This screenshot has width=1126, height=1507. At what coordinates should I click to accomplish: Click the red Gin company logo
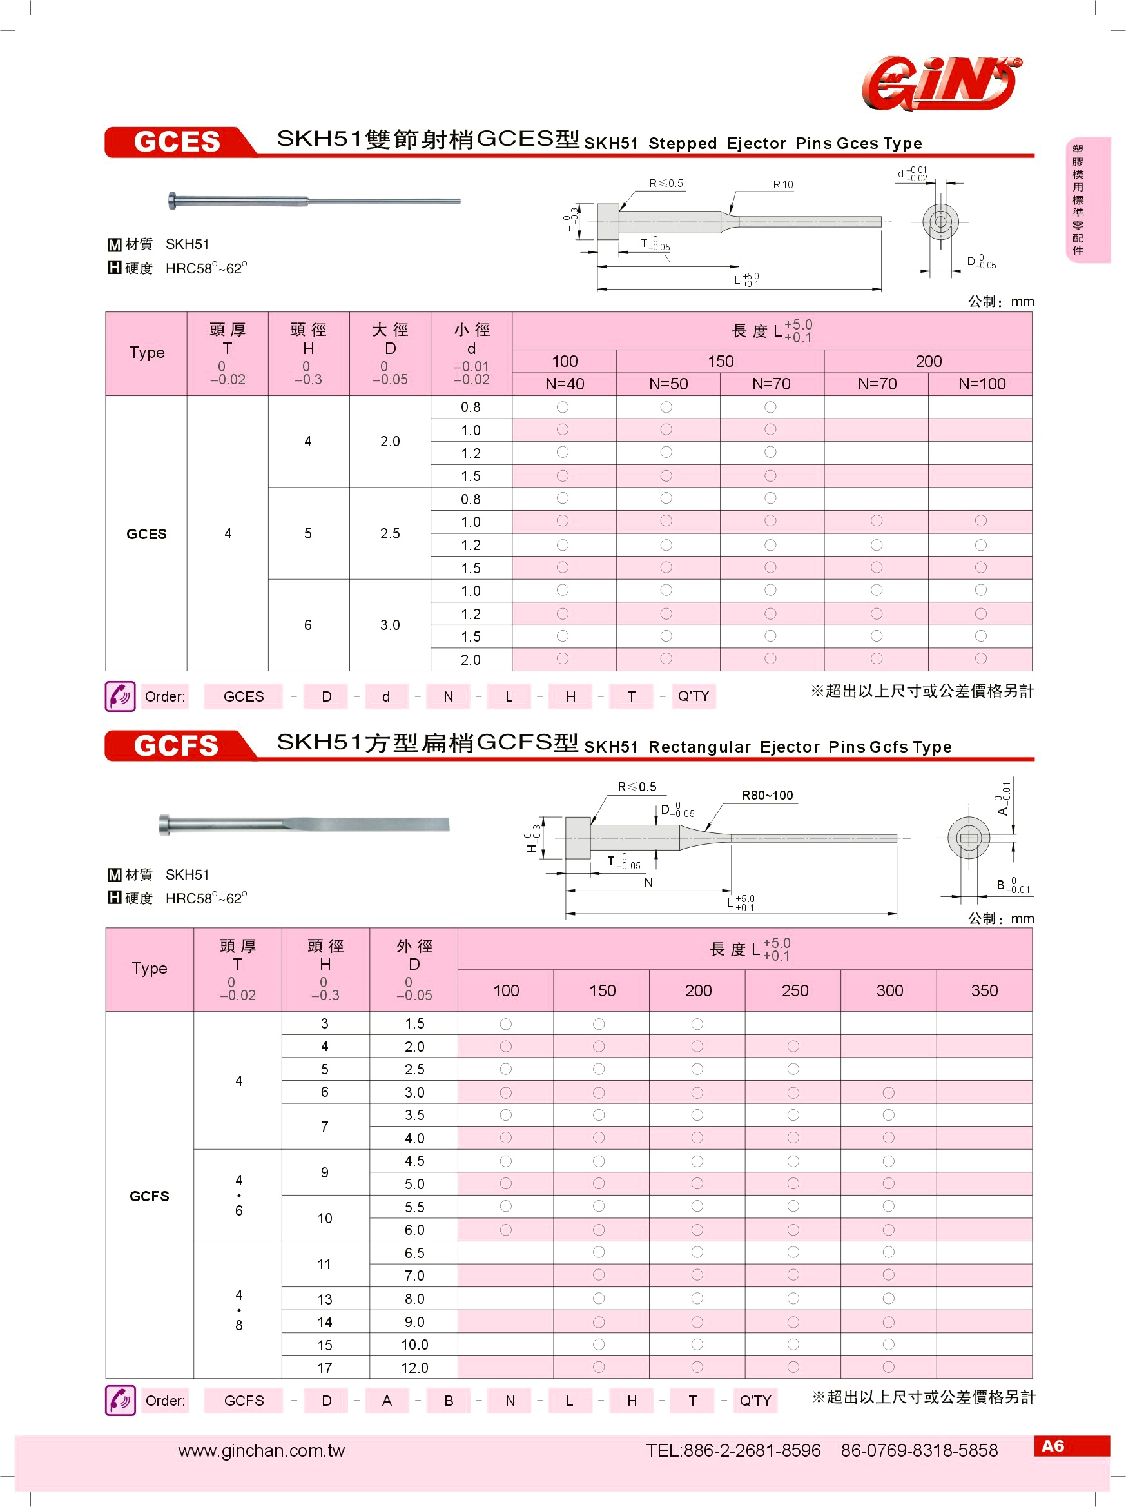(x=942, y=83)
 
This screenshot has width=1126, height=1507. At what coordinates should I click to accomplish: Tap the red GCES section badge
(x=177, y=142)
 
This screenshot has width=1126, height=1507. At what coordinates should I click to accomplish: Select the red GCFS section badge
(x=177, y=745)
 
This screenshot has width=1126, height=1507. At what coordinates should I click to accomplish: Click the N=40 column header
(x=565, y=384)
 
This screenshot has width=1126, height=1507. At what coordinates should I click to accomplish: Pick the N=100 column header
(x=981, y=384)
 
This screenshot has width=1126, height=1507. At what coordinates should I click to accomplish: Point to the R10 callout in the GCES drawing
(x=783, y=184)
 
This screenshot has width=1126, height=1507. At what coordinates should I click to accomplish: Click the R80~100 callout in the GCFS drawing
(x=767, y=795)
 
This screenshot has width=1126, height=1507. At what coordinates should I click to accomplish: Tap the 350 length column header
(x=984, y=990)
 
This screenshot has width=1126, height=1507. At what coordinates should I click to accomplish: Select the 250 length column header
(x=795, y=990)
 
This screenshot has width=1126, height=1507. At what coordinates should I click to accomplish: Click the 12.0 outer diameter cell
(x=414, y=1367)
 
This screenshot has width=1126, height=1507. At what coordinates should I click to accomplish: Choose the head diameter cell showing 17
(x=325, y=1367)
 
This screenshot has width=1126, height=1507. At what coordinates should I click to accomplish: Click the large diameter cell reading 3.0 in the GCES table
(x=390, y=625)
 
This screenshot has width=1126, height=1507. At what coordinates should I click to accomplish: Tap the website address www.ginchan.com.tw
(x=262, y=1450)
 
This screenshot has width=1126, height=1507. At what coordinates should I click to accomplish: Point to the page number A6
(x=1052, y=1446)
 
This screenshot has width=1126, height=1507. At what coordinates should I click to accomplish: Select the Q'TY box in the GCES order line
(x=693, y=696)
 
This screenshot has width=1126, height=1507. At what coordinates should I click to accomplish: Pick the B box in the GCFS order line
(x=449, y=1401)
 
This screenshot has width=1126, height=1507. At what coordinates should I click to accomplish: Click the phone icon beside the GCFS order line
(x=121, y=1401)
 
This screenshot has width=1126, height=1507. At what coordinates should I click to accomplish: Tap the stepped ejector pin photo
(x=314, y=201)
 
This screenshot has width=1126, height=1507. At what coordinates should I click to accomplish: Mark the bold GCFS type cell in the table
(x=149, y=1196)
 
